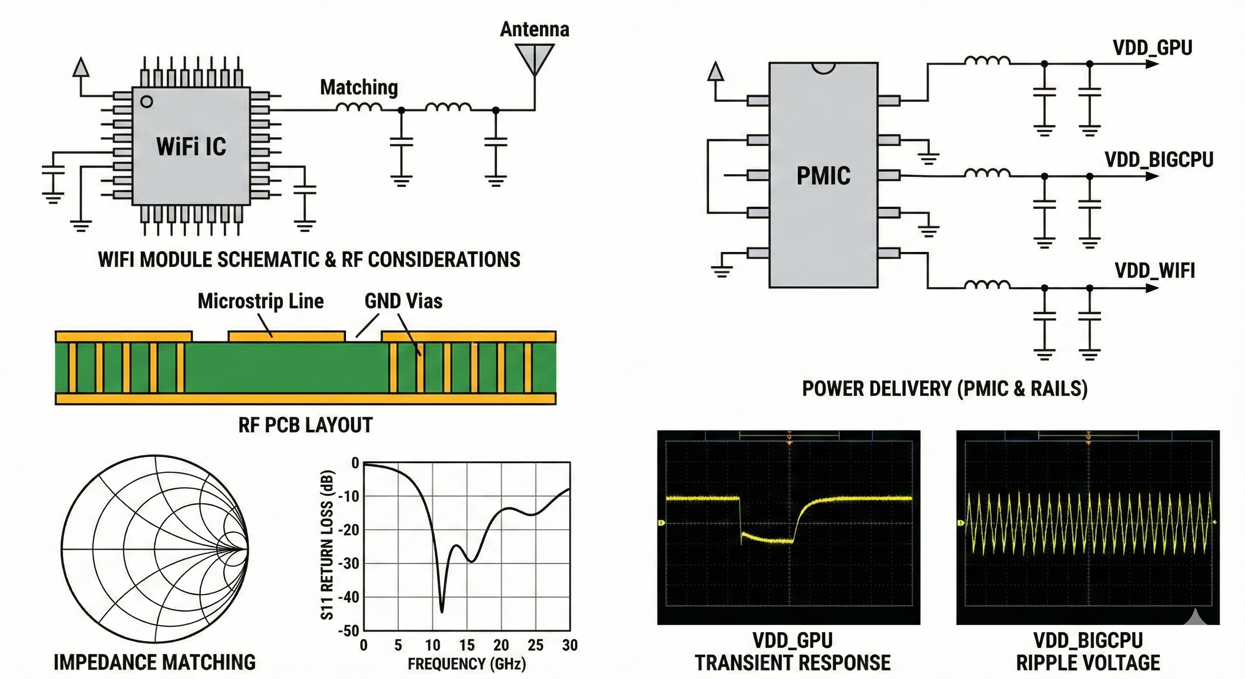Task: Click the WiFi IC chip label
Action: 191,146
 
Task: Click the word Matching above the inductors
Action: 359,88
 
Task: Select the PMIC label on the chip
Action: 823,175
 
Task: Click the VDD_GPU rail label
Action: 1152,48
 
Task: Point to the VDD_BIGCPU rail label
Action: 1158,160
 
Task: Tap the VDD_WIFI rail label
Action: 1155,271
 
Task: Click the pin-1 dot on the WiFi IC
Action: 146,102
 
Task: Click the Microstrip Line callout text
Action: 260,301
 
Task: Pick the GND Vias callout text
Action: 403,301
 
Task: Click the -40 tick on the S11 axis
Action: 349,597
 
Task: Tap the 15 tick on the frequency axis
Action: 467,645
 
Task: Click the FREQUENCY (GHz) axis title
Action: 466,664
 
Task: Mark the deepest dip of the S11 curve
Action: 441,611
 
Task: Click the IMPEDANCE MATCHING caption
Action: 154,662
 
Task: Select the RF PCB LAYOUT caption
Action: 306,425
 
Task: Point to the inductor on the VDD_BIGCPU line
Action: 987,172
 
